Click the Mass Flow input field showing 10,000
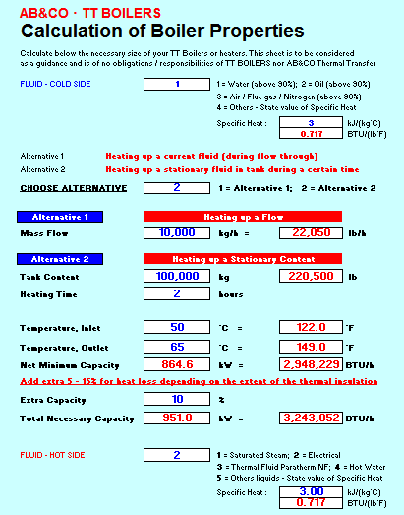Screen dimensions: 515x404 [x=177, y=233]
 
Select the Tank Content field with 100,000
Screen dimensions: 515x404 [x=177, y=277]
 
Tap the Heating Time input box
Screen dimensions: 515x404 [x=177, y=293]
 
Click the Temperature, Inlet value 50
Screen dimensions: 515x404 [x=177, y=326]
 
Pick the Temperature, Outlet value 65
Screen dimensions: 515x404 [x=177, y=347]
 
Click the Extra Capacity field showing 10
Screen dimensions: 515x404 [x=177, y=400]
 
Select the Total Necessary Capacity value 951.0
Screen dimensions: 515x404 [x=177, y=418]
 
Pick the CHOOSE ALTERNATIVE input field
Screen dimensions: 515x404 [x=177, y=187]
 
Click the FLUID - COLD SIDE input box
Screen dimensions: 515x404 [x=177, y=84]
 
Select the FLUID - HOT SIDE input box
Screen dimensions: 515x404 [x=177, y=455]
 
